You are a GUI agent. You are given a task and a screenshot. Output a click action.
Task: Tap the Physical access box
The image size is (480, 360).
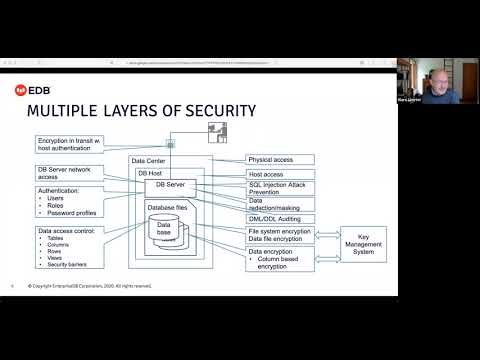280,159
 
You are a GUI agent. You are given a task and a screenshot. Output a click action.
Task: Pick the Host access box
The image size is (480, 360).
280,173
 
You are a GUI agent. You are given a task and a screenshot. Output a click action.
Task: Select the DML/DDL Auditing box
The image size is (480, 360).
280,218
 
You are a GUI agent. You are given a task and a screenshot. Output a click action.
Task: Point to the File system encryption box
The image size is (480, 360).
279,231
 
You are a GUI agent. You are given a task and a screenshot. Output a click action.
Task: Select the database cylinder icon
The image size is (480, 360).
167,232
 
